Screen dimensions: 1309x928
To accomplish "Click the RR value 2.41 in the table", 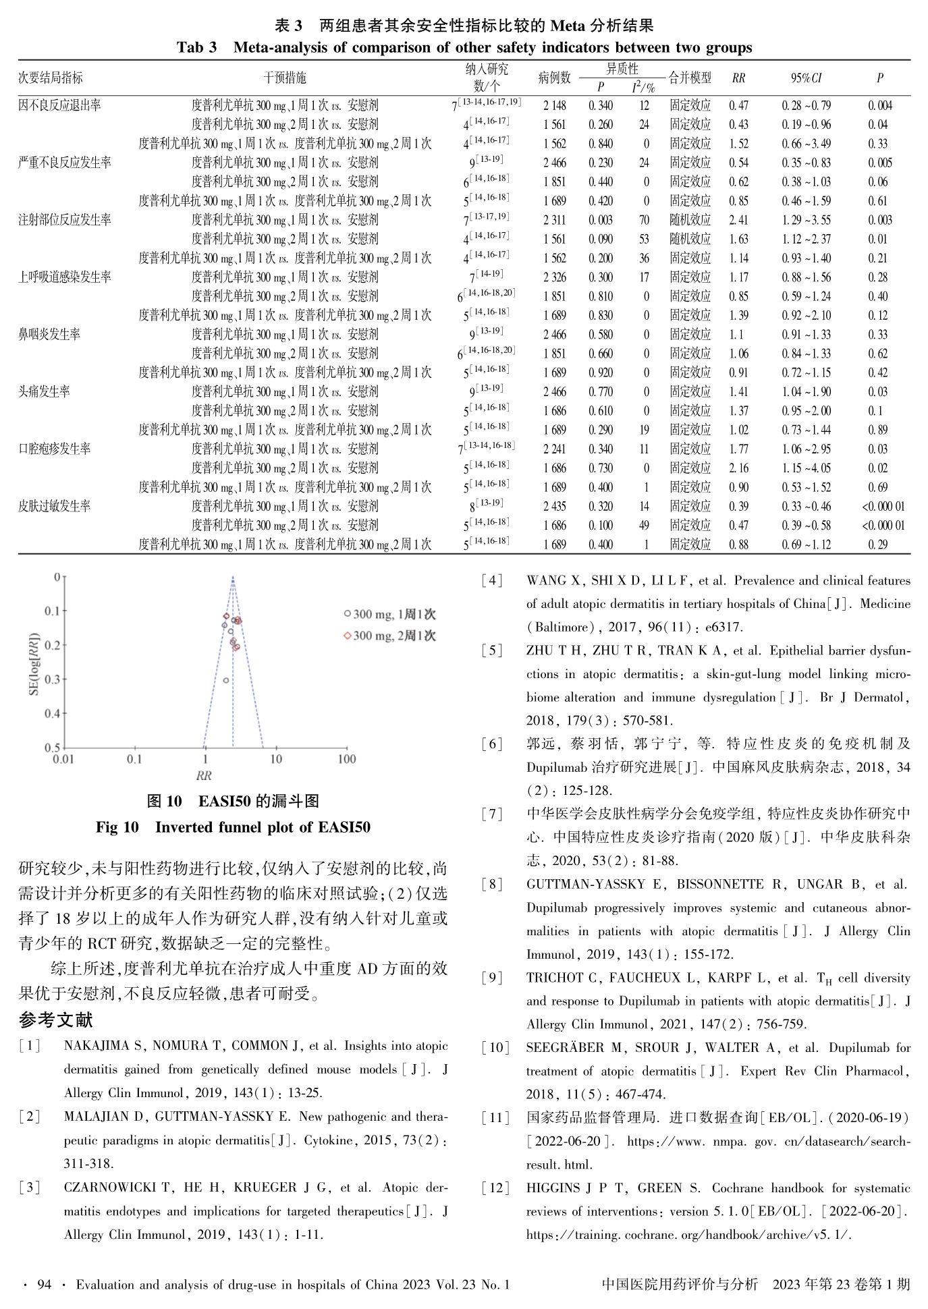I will click(x=738, y=220).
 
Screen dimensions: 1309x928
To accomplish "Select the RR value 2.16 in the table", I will click(x=738, y=468).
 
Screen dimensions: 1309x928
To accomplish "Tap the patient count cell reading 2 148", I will click(x=554, y=106).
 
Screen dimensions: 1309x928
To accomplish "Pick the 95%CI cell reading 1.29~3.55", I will click(x=806, y=220).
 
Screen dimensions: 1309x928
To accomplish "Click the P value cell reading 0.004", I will click(x=879, y=106).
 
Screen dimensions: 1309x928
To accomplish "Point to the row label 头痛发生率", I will click(x=44, y=392).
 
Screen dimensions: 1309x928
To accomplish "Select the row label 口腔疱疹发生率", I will click(x=54, y=449).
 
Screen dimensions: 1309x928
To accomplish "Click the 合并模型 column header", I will click(x=690, y=78).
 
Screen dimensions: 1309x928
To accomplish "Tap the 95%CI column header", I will click(x=806, y=78).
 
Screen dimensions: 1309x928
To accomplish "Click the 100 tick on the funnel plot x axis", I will click(x=346, y=760).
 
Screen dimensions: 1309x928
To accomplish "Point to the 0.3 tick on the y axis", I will click(x=52, y=679).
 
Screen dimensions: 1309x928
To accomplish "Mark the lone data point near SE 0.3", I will click(x=226, y=681).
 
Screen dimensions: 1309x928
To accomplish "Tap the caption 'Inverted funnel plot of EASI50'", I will click(x=263, y=827).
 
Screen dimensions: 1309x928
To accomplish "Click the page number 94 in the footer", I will click(x=45, y=1285).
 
